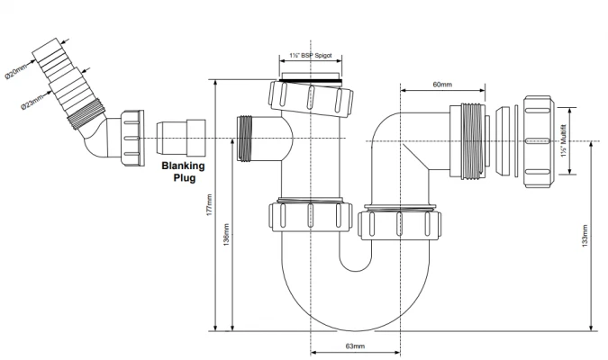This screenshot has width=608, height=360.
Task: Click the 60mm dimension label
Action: point(441,85)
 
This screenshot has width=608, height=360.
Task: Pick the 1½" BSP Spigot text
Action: point(312,56)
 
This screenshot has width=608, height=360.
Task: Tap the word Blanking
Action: point(183,166)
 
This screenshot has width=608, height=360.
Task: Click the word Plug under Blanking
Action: point(184,178)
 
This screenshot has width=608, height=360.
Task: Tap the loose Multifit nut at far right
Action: point(540,141)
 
